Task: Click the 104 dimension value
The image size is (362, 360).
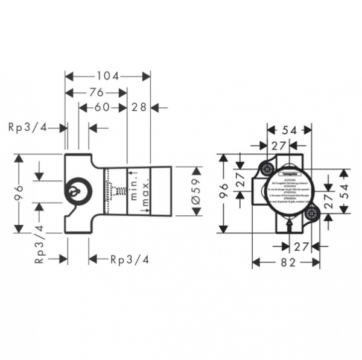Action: point(108,76)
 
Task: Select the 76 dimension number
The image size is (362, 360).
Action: point(96,92)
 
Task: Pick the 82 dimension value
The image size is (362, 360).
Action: point(287,263)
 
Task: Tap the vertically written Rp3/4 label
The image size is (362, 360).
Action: point(40,244)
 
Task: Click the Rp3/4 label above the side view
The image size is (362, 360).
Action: point(28,127)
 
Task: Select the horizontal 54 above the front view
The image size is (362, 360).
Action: point(290,129)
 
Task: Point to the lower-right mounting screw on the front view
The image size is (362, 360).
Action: point(311,212)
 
